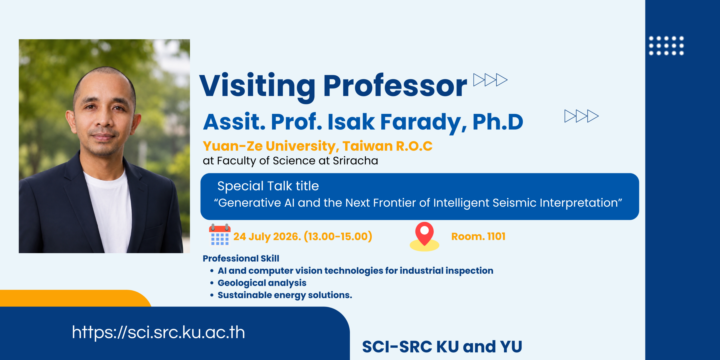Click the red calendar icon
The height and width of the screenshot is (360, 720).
click(x=220, y=235)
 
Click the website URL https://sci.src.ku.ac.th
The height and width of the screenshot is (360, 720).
click(x=158, y=332)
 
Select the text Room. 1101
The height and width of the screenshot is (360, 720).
click(x=478, y=237)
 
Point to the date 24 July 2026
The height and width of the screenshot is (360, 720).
click(x=267, y=237)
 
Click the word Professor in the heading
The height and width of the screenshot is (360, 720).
click(x=395, y=85)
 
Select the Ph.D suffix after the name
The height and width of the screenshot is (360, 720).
click(x=498, y=122)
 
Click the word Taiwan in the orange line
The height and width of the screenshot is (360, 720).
click(x=367, y=146)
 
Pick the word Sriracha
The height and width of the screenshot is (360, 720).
click(x=355, y=161)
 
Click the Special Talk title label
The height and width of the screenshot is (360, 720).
click(x=268, y=186)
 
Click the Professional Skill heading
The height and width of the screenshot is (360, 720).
click(x=241, y=258)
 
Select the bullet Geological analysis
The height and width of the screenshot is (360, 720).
click(x=262, y=283)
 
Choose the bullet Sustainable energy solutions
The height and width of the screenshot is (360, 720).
click(x=285, y=295)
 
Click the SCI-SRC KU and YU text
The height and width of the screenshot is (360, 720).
click(x=442, y=346)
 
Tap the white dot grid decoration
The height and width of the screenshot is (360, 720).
click(x=666, y=46)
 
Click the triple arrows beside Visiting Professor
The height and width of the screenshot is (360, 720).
click(x=490, y=80)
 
